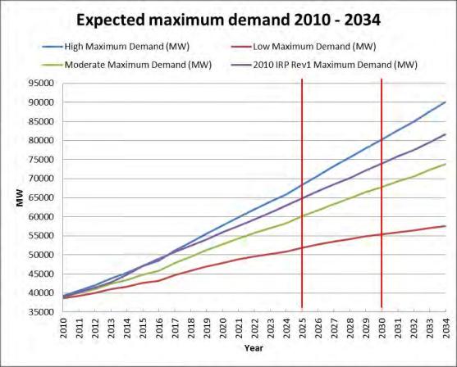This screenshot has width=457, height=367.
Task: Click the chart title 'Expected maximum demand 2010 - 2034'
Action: pos(229,17)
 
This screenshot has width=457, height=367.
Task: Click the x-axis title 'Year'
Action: pos(253,347)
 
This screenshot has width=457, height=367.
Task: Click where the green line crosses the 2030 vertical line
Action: pos(382,187)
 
